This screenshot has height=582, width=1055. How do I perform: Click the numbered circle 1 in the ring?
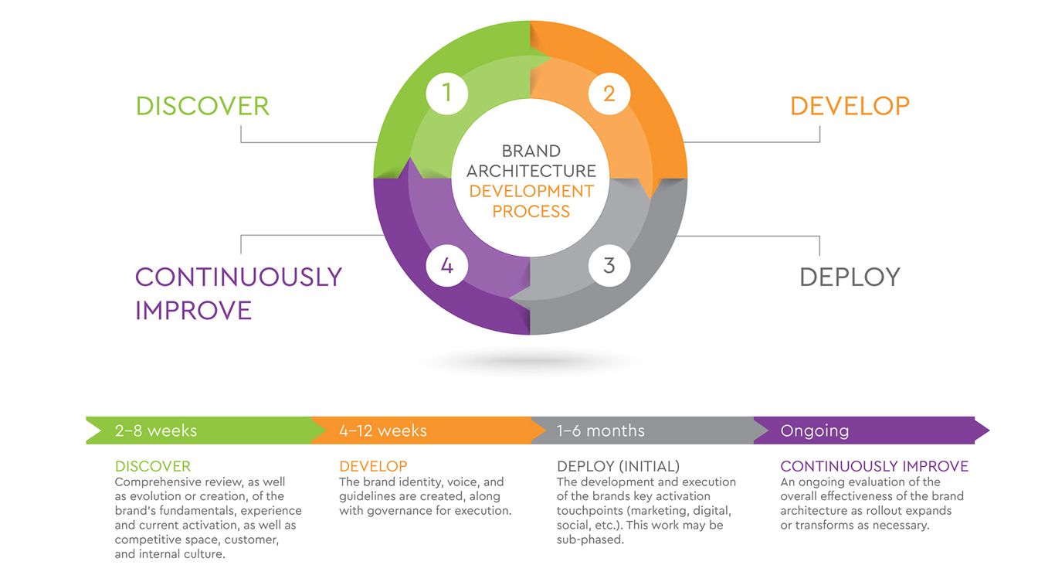(x=447, y=94)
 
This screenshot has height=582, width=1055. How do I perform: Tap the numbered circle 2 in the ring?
(x=609, y=94)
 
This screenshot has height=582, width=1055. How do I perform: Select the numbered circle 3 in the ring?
(x=609, y=266)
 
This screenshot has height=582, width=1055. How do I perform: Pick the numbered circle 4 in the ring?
(x=447, y=266)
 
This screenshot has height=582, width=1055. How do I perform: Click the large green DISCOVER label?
(x=202, y=106)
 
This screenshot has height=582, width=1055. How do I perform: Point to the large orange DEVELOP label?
(x=850, y=106)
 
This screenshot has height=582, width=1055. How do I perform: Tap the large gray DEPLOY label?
(x=850, y=277)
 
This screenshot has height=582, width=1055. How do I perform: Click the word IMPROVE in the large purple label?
(x=194, y=311)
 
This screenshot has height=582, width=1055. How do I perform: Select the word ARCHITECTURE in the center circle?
(x=531, y=171)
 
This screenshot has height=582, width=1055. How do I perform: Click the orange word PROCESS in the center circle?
(x=531, y=211)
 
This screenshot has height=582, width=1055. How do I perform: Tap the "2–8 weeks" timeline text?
(x=156, y=431)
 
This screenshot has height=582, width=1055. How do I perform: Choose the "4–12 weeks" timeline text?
(x=383, y=431)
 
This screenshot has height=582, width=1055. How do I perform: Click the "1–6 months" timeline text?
(x=601, y=431)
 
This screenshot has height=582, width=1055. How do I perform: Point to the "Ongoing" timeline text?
(x=815, y=431)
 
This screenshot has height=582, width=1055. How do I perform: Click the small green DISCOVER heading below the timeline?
(x=153, y=466)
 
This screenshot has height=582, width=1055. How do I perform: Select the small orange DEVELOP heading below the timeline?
(x=373, y=466)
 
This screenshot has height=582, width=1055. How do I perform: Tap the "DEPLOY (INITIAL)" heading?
(x=618, y=466)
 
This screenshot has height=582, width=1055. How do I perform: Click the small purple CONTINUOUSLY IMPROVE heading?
(x=874, y=466)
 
